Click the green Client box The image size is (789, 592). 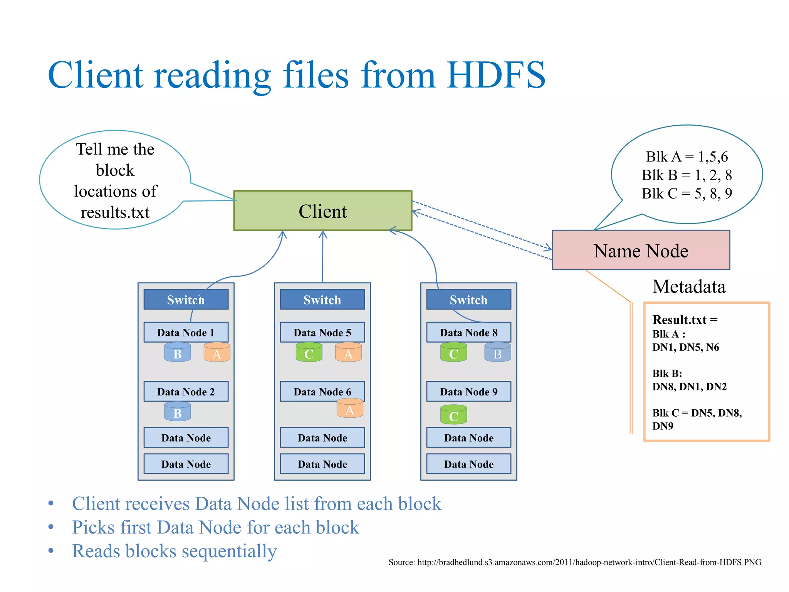coord(322,211)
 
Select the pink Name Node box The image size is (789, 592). coord(640,251)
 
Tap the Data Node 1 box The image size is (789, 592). coord(186,332)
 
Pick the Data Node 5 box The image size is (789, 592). coord(322,332)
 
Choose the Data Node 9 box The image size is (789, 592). coord(468,392)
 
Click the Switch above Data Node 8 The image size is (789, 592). coord(468,299)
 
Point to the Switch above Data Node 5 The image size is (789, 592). coord(322,299)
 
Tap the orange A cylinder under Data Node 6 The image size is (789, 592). coord(350,409)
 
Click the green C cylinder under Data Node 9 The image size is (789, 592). coord(453,415)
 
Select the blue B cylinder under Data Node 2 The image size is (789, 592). coord(178,412)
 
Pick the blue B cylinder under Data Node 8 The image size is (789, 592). coord(497,352)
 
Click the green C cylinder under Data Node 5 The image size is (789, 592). coord(309,352)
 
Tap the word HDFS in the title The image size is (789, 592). coord(496,75)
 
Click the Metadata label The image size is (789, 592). coord(688,287)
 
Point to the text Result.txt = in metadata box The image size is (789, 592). coord(685,320)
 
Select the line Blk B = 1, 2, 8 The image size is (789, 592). coord(686,175)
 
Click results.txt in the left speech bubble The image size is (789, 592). coord(115,212)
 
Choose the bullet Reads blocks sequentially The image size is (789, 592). coord(174,551)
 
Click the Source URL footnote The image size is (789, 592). coord(574,562)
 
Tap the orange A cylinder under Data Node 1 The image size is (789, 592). coord(217,352)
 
